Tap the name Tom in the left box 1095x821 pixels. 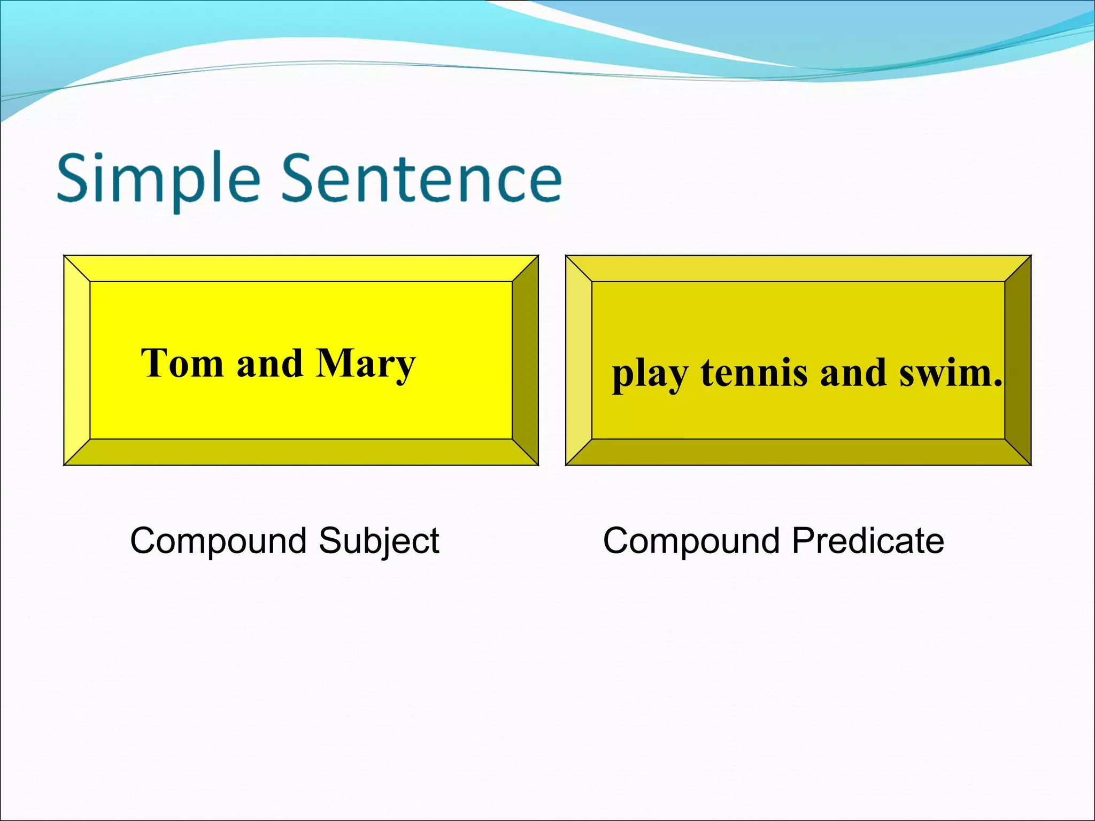point(182,363)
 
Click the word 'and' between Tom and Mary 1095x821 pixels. point(269,363)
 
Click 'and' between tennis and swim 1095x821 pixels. point(853,373)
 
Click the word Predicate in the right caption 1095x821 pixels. point(867,541)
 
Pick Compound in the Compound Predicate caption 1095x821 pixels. point(691,541)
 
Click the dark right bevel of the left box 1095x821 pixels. point(525,360)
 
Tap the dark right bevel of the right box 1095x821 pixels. point(1017,360)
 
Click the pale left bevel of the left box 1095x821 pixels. point(77,360)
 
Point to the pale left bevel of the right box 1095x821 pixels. point(579,360)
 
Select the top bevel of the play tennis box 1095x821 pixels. point(798,268)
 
